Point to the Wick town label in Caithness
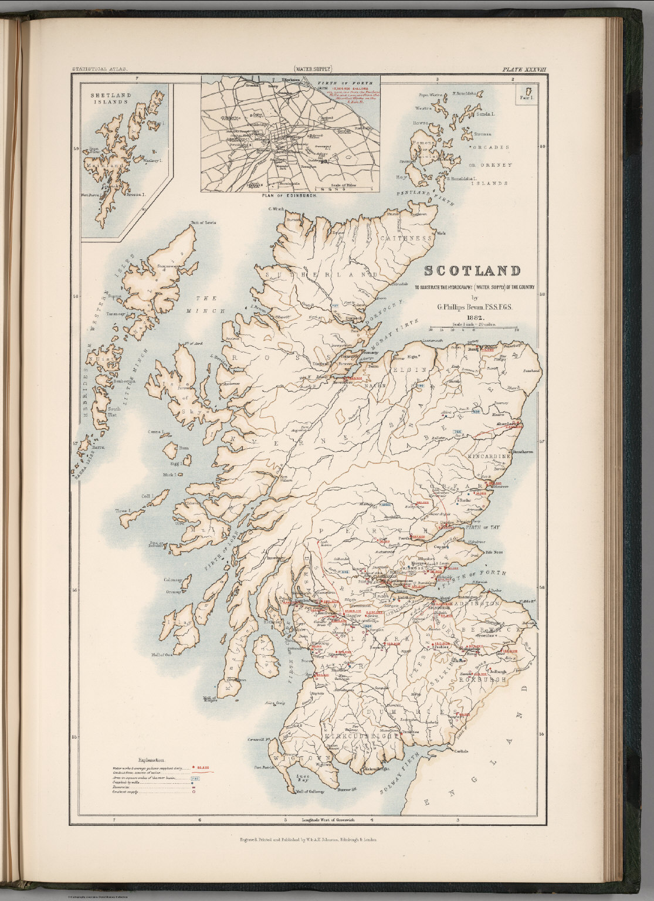(441, 233)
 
